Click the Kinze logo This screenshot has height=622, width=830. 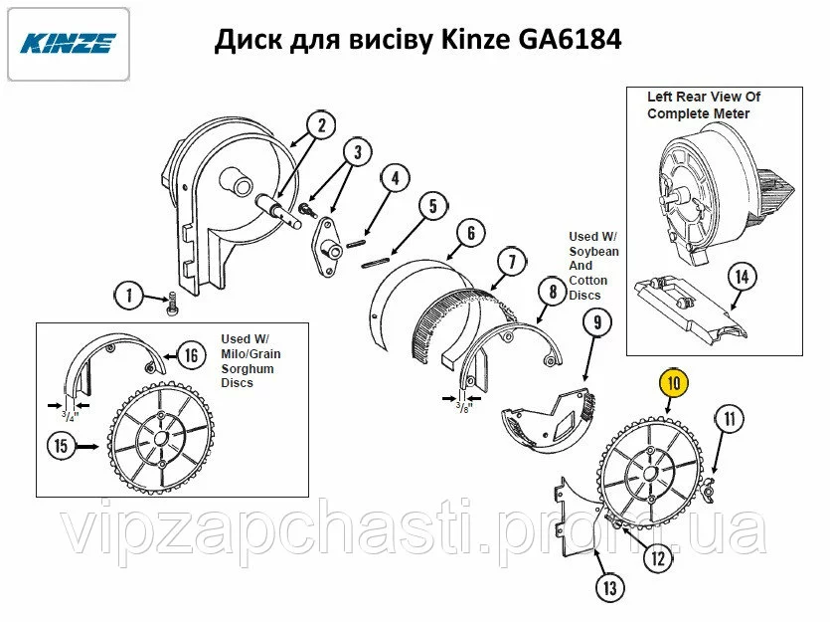(x=69, y=44)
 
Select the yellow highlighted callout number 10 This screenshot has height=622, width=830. (x=674, y=382)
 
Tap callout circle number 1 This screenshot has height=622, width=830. (x=129, y=296)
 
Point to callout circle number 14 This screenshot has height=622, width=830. (x=743, y=277)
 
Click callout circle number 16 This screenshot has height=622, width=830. (x=191, y=355)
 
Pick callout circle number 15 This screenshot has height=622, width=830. (x=62, y=445)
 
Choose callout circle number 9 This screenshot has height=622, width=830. (x=597, y=322)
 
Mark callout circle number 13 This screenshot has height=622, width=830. (x=610, y=587)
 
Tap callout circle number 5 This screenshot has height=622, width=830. (x=433, y=206)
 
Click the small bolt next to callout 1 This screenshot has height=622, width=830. (x=173, y=304)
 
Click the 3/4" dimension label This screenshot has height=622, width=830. (x=70, y=416)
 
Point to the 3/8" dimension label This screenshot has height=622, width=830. (x=463, y=407)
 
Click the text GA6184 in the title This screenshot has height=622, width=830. (x=570, y=40)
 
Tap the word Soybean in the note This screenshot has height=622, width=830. (x=593, y=251)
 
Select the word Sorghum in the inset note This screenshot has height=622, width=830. (x=248, y=369)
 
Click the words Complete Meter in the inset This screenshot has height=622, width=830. (x=698, y=113)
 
